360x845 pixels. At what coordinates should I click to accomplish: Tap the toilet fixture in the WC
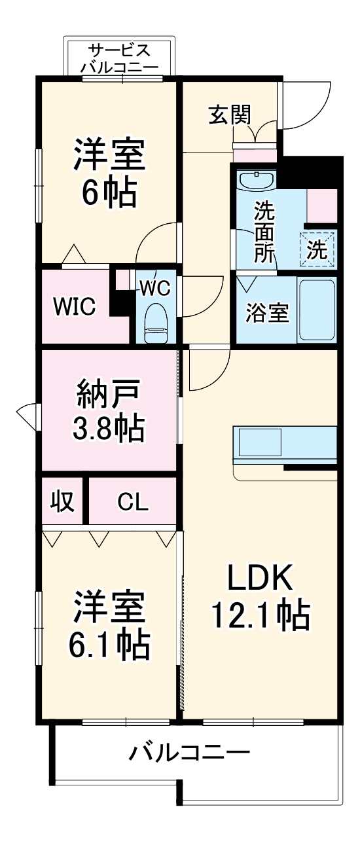[x=156, y=323]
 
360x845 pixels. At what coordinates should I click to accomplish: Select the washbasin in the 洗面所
[x=257, y=180]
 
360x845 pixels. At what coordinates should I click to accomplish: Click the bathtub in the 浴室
[x=317, y=310]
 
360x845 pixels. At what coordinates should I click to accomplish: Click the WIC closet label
[x=75, y=306]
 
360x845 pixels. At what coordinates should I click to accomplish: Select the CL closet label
[x=133, y=502]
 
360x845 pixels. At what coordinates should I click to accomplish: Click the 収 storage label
[x=63, y=502]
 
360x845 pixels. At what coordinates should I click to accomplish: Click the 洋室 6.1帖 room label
[x=109, y=626]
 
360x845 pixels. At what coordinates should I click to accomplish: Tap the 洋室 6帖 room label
[x=109, y=171]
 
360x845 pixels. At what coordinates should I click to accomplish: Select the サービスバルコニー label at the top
[x=119, y=58]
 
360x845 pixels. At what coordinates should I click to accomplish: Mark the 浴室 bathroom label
[x=267, y=312]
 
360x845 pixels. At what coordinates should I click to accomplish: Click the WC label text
[x=155, y=287]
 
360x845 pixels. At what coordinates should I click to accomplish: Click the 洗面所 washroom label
[x=264, y=232]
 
